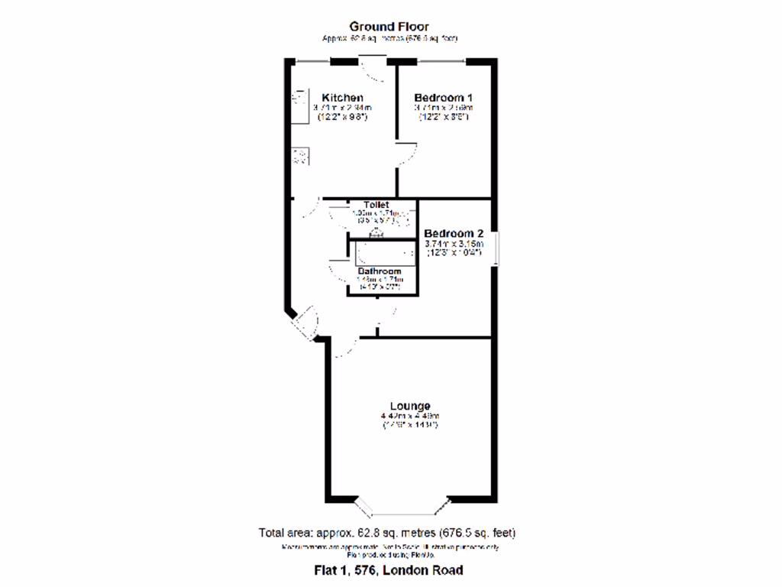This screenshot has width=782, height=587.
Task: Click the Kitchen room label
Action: click(341, 98)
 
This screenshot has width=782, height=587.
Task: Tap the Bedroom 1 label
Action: click(443, 98)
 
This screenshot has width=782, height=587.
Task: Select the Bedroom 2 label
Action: click(454, 233)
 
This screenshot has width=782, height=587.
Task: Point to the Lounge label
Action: click(410, 406)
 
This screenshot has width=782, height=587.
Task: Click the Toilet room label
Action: click(376, 205)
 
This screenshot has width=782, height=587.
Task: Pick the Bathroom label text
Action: click(380, 271)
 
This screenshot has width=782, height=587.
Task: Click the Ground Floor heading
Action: click(389, 27)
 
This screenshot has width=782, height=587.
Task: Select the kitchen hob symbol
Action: click(300, 157)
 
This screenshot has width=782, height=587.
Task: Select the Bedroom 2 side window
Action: click(495, 248)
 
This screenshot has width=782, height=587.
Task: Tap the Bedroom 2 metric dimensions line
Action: click(454, 245)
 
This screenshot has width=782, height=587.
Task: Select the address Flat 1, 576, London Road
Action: click(389, 570)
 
